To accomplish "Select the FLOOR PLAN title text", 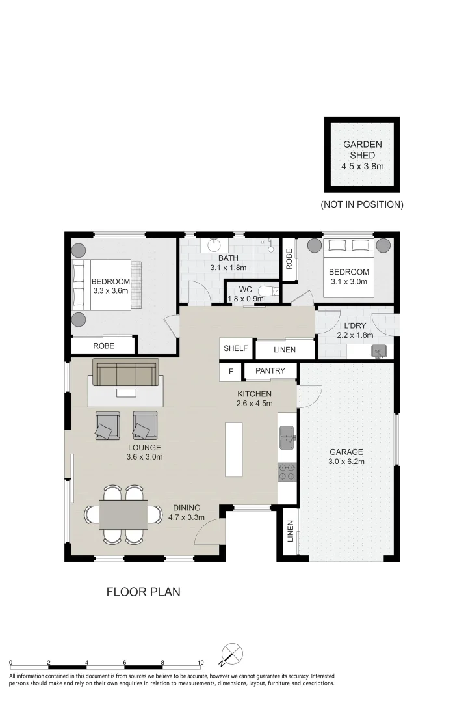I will click(x=143, y=592).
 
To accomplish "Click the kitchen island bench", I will click(x=234, y=449).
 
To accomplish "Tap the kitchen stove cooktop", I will click(x=287, y=472).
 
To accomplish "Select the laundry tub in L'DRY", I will click(x=378, y=351).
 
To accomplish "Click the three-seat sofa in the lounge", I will click(x=125, y=373).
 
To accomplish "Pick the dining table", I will click(x=123, y=514).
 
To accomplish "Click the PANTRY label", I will click(x=270, y=371).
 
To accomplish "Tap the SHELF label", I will click(x=235, y=348).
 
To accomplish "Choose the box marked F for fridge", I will click(x=230, y=372).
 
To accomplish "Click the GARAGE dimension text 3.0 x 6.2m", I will click(x=346, y=462).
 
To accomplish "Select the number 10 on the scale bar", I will click(x=200, y=663).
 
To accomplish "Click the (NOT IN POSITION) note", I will click(x=362, y=204).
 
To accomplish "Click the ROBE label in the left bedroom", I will click(x=103, y=346).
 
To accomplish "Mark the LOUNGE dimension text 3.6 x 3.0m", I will click(x=144, y=457).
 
